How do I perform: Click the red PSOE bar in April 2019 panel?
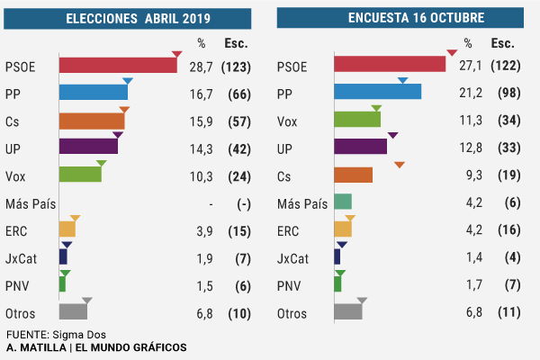point(117,66)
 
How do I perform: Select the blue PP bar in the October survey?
point(377,92)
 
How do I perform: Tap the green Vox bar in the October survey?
point(356,120)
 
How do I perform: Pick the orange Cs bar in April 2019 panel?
point(91,121)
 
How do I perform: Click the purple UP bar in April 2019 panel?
point(88,147)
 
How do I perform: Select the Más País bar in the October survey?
point(342,202)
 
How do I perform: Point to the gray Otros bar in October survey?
point(347,312)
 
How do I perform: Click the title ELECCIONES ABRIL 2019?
point(129,18)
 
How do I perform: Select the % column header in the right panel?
point(467,43)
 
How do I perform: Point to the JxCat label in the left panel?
point(20,258)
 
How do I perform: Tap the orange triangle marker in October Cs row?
point(400,164)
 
